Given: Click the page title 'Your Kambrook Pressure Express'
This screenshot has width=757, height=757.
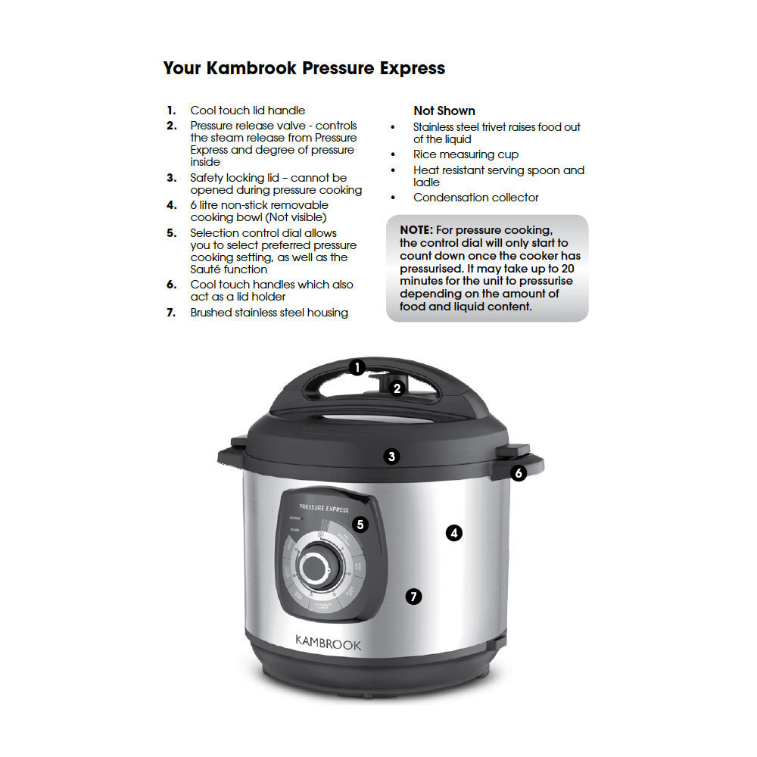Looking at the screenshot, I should [x=304, y=68].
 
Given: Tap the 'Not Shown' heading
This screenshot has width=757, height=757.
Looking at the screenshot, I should [x=444, y=111].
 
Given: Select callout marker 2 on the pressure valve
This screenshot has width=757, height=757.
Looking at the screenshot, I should [x=397, y=389].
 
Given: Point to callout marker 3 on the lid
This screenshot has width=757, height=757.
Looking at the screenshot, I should [x=391, y=456].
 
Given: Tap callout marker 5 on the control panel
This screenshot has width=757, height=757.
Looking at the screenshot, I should [x=360, y=524].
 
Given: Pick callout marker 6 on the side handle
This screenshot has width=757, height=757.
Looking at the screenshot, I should [x=519, y=473].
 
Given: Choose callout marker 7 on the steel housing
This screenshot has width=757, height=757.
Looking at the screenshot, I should [x=413, y=597].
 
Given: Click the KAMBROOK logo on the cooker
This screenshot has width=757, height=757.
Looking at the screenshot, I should [x=328, y=645].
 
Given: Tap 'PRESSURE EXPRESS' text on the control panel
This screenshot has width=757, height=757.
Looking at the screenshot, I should [x=324, y=509].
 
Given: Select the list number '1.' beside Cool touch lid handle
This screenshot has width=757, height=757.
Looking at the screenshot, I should [x=172, y=111].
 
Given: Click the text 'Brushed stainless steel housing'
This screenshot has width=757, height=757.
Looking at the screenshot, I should [x=269, y=313].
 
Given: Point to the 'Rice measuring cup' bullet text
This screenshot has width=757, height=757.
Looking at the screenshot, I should [x=466, y=154].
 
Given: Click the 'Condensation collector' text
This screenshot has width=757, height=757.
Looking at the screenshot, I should [x=475, y=198].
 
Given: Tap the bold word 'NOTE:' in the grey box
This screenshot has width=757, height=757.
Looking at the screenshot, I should [x=416, y=229].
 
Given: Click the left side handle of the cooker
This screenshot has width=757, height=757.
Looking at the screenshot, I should [x=230, y=455].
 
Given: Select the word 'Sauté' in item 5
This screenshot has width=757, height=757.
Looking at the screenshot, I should [x=206, y=269].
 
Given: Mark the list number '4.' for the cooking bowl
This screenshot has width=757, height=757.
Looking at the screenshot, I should [x=172, y=205].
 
